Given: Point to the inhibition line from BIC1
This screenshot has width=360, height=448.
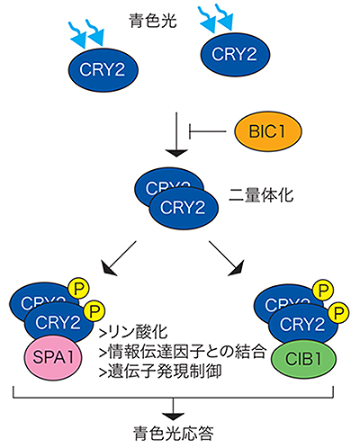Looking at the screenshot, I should tap(214, 130).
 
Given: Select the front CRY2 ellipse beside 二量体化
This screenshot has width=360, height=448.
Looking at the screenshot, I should tap(176, 208).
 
